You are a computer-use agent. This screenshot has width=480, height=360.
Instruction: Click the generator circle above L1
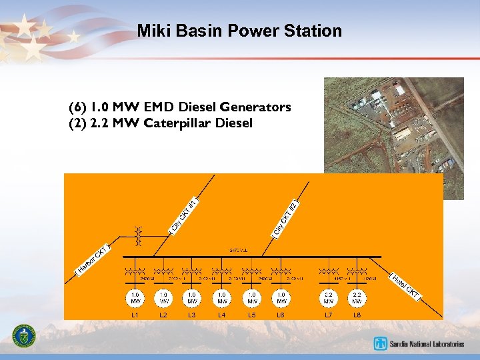pos(135,297)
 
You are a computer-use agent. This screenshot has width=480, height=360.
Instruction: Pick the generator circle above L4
pos(222,297)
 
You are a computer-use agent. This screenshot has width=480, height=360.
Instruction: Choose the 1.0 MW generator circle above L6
pos(281,297)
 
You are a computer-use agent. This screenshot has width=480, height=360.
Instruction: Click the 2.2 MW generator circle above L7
pos(329,297)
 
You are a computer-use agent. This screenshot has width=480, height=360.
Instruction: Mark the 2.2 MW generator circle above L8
pos(357,297)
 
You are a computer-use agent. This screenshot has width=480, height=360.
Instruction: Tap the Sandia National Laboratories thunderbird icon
pos(381,344)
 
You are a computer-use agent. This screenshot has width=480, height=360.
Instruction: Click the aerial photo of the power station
pos(393,127)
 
